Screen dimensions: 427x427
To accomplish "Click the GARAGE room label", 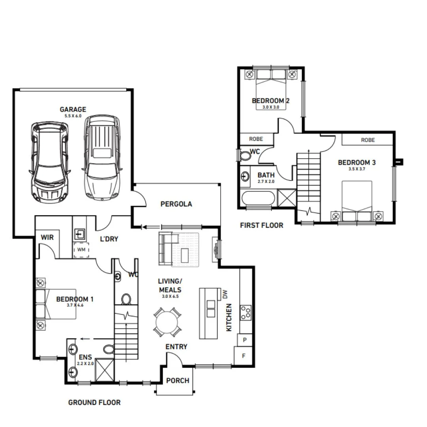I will coord(73,110).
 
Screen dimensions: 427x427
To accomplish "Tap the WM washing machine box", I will coord(81,250).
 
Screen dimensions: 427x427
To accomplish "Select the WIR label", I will coord(47,238).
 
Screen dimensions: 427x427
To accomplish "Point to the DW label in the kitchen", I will coord(225,294).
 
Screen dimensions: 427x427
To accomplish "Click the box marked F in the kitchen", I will coord(244,356).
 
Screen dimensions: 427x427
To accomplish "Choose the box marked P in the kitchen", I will coord(244,340).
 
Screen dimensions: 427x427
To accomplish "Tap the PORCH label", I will coord(178,381).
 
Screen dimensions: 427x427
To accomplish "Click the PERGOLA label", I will coord(176,204).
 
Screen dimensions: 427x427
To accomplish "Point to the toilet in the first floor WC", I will coord(246,155).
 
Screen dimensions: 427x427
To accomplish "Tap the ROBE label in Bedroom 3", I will coord(368,140).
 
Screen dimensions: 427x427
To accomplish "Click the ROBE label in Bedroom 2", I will coord(256,139).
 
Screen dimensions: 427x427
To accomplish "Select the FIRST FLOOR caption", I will coord(262,225).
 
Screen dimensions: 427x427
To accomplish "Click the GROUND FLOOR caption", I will coord(94,402).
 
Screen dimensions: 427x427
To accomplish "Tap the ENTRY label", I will coord(176,347).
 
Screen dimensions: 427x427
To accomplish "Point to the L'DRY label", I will coord(108,239).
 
